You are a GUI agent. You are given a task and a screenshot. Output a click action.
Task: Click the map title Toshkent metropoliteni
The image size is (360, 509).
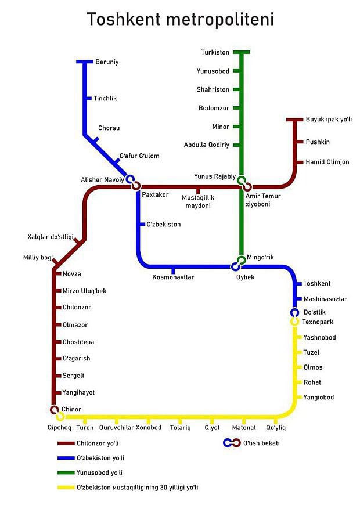(181, 19)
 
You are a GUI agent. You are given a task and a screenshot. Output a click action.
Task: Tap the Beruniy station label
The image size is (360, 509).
(107, 62)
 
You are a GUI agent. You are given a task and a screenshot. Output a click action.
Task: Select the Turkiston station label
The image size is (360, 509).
(215, 52)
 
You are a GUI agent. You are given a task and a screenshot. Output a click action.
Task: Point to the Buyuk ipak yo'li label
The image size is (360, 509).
(329, 120)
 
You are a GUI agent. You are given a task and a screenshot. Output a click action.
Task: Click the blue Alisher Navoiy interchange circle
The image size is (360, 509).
(130, 179)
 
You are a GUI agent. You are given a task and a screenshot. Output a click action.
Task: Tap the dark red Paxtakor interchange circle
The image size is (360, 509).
(136, 186)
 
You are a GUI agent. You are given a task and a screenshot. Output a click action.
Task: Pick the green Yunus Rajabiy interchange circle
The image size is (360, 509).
(241, 180)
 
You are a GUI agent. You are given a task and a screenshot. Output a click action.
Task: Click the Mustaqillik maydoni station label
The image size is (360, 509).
(198, 201)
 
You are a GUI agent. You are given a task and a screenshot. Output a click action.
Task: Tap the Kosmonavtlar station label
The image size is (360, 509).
(174, 277)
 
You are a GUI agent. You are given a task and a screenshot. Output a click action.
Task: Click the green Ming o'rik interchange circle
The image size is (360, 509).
(241, 260)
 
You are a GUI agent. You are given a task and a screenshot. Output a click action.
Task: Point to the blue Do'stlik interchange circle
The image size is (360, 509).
(294, 313)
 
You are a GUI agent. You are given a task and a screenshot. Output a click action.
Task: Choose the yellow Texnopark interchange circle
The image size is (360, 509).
(294, 322)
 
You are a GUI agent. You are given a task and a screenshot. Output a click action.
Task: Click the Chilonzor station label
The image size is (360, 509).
(77, 307)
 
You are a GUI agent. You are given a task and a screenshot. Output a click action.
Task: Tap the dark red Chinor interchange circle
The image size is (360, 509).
(55, 410)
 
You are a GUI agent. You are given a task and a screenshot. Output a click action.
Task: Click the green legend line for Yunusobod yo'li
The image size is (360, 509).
(66, 472)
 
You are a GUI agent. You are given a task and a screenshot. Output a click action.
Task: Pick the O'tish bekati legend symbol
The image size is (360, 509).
(232, 443)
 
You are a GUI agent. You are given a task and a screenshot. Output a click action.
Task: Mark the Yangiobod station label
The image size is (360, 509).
(318, 397)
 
